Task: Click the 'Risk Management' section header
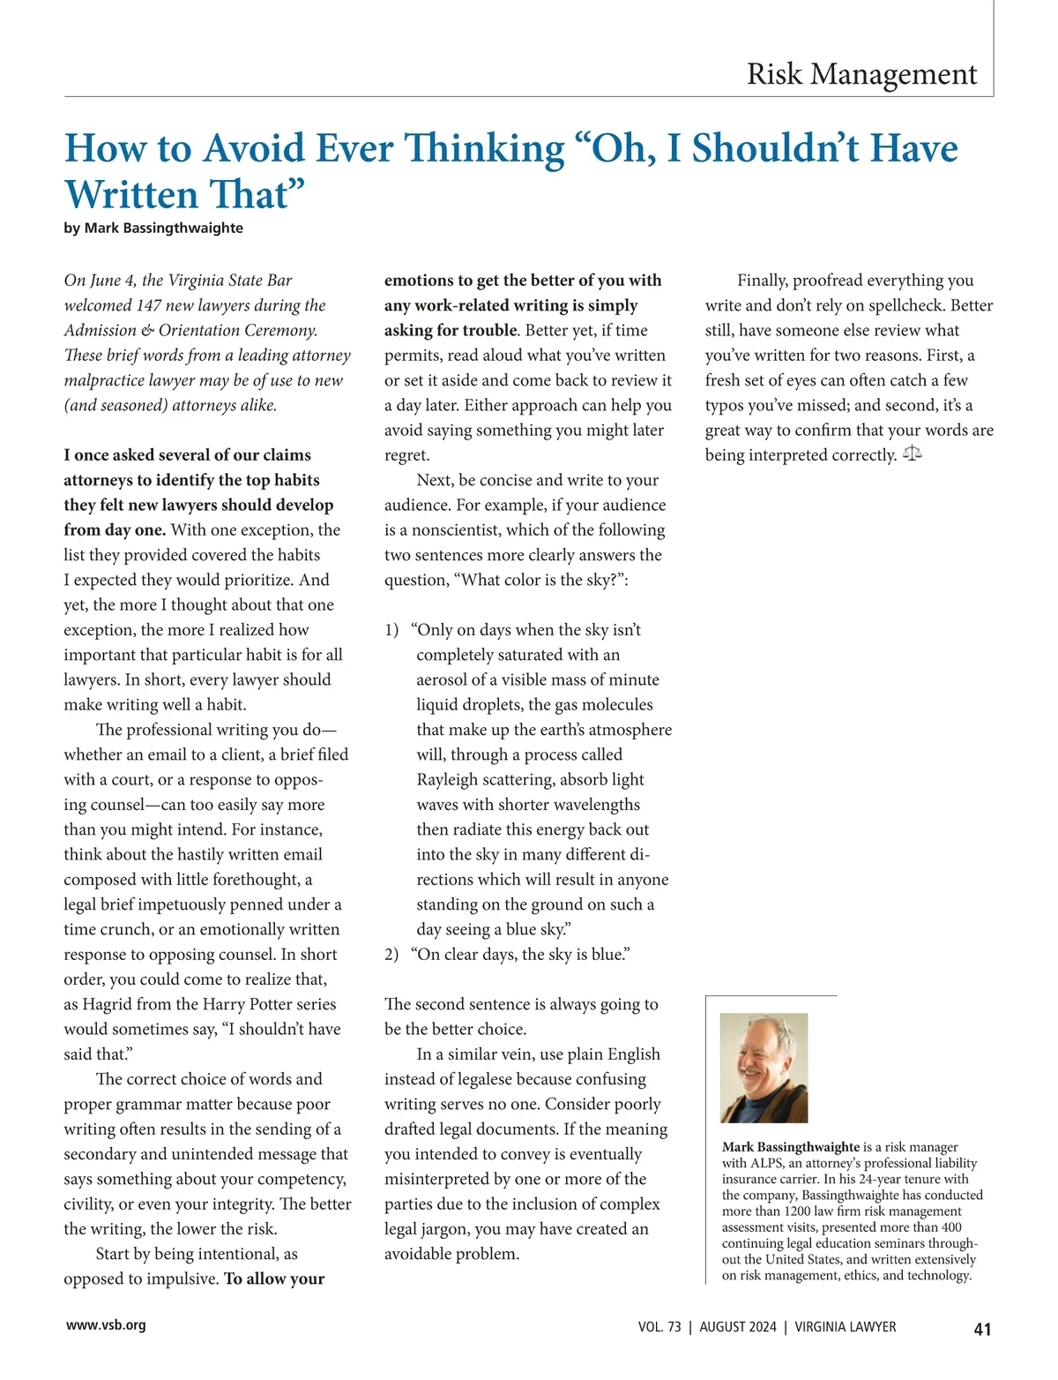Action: click(861, 74)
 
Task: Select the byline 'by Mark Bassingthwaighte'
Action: click(153, 228)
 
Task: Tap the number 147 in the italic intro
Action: click(148, 305)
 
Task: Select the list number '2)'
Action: click(392, 955)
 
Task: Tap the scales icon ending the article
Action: click(913, 454)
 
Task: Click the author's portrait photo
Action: click(764, 1067)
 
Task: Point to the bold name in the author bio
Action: click(790, 1147)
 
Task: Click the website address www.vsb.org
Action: click(106, 1324)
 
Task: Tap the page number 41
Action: click(982, 1329)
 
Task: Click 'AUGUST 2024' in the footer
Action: click(738, 1327)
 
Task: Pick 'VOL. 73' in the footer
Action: click(659, 1327)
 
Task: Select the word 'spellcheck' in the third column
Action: click(900, 305)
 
